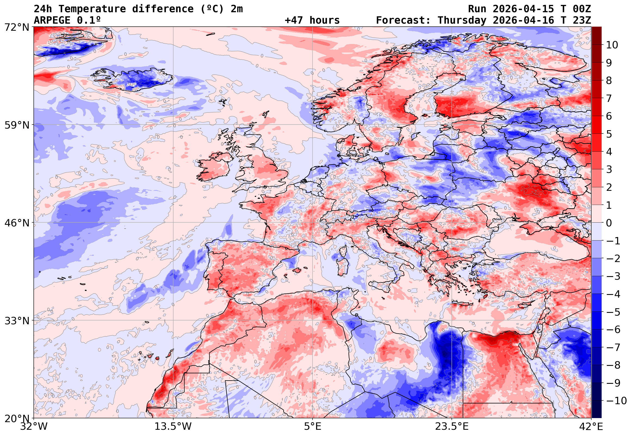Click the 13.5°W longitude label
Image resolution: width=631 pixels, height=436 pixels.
[x=173, y=426]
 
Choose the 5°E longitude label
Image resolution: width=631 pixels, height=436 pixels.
[x=313, y=426]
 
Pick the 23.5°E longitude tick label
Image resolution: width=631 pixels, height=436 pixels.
[x=452, y=426]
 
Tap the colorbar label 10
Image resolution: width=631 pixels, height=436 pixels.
[x=612, y=45]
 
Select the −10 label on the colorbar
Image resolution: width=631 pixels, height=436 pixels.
[x=616, y=401]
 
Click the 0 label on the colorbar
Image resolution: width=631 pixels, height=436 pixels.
[x=609, y=223]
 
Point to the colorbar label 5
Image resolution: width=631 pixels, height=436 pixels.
[x=609, y=134]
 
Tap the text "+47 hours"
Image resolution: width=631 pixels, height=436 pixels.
[x=312, y=20]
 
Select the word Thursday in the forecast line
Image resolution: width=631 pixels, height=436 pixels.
[x=462, y=20]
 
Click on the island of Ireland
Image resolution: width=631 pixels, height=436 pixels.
[x=215, y=167]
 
